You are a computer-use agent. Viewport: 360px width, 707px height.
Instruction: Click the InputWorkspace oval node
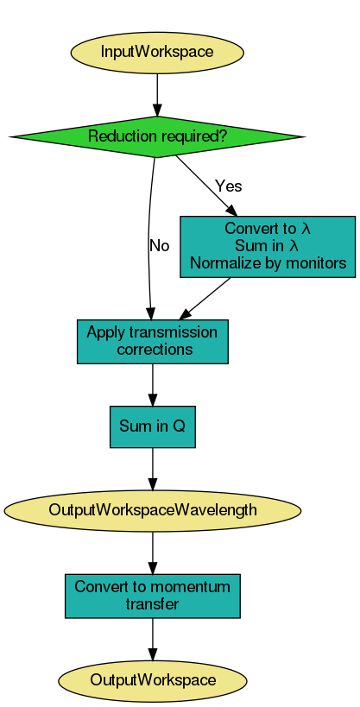(156, 52)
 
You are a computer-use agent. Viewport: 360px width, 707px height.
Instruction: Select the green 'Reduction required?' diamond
(156, 136)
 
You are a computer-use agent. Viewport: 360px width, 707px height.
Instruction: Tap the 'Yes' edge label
(229, 186)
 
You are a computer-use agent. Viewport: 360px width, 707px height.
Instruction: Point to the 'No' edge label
(160, 245)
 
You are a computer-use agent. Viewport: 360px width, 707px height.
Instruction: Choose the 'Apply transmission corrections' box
(153, 342)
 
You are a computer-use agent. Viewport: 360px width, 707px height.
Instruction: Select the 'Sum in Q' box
(153, 426)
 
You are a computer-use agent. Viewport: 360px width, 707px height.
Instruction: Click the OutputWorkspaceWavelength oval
(153, 510)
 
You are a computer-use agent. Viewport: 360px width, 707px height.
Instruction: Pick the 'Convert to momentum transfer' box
(153, 596)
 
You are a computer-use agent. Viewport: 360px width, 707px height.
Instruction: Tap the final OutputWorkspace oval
(153, 680)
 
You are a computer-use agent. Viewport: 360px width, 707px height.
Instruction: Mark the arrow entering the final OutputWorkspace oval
(153, 639)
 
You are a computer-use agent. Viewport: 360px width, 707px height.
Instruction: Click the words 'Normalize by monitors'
(267, 262)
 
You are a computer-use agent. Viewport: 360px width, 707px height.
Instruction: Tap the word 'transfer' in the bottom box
(153, 604)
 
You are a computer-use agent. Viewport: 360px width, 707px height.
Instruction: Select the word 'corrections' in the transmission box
(154, 350)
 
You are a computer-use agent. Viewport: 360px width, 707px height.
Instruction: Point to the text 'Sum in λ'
(267, 246)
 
